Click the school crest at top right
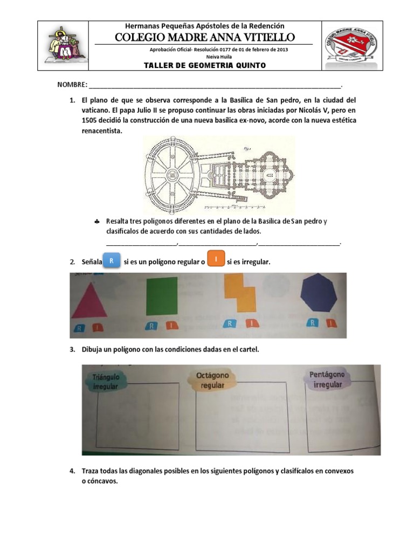(x=350, y=46)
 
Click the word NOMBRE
(x=72, y=85)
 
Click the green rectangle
(x=162, y=296)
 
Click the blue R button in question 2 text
(x=111, y=261)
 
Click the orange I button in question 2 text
(x=216, y=260)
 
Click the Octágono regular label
(x=212, y=379)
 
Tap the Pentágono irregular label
(x=327, y=379)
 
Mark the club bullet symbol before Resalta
(x=96, y=222)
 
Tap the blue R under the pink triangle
(x=79, y=327)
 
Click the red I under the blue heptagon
(x=329, y=323)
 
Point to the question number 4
(x=72, y=471)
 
